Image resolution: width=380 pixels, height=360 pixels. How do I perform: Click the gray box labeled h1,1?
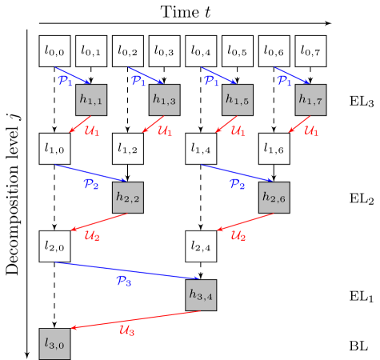[x=91, y=100]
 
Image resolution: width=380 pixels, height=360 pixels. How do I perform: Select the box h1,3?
[x=164, y=100]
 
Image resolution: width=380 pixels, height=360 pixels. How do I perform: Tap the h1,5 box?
[x=237, y=100]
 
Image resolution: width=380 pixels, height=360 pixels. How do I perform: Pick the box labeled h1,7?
[x=310, y=100]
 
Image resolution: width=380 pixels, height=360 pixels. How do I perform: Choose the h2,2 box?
[x=128, y=198]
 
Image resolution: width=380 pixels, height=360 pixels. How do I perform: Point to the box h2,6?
[x=274, y=198]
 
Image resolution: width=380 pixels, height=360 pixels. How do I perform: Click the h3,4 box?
[x=201, y=295]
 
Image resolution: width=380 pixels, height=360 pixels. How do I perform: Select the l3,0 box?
[x=54, y=344]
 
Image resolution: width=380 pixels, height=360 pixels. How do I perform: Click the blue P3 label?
[x=123, y=281]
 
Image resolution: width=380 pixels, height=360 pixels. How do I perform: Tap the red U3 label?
[x=126, y=330]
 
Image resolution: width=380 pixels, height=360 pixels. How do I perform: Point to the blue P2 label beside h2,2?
[x=91, y=184]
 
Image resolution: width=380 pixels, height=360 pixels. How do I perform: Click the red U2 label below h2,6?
[x=238, y=235]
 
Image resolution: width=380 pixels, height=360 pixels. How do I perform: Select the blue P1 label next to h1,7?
[x=284, y=81]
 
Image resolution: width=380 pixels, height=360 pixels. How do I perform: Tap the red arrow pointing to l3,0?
[x=136, y=319]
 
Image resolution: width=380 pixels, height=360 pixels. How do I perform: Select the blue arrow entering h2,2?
[x=90, y=173]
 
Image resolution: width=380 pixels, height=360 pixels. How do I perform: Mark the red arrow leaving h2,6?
[x=244, y=222]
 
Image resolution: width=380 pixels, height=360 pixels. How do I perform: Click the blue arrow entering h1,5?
[x=218, y=75]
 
